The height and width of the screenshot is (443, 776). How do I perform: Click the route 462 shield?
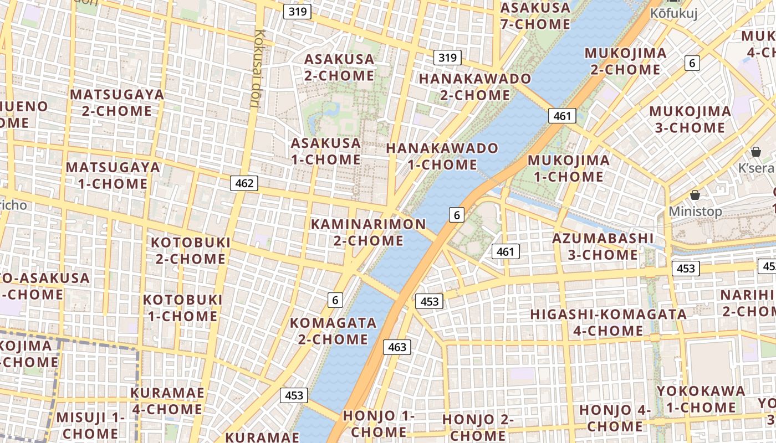coord(244,183)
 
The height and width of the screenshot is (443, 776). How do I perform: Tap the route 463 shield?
coord(397,347)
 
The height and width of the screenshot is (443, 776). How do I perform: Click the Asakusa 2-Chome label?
coord(339,67)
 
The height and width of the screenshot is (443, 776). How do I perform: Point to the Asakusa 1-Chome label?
coord(326,151)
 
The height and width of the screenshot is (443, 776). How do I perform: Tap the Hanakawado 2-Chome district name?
coord(474,87)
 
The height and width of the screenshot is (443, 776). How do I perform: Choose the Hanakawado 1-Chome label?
coord(442,156)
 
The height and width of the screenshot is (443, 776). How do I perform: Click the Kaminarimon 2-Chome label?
coord(369,232)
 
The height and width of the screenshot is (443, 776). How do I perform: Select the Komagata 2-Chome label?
coord(333,331)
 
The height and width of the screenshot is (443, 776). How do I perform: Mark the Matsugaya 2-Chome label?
coord(117,102)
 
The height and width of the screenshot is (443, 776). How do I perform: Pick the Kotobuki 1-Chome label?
coord(182,308)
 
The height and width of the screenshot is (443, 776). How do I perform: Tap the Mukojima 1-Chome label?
coord(568,168)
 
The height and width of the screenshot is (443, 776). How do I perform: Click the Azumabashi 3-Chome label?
coord(603,246)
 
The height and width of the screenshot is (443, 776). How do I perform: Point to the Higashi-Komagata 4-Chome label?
coord(608,322)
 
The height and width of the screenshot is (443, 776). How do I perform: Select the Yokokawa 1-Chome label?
coord(701,399)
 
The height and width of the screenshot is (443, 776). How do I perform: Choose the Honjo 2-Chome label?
coord(478,427)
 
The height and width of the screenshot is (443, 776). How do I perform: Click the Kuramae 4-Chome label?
coord(167,401)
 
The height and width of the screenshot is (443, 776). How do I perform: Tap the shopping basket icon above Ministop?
coord(695,195)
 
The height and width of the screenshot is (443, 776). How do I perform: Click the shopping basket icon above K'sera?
coord(755,152)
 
